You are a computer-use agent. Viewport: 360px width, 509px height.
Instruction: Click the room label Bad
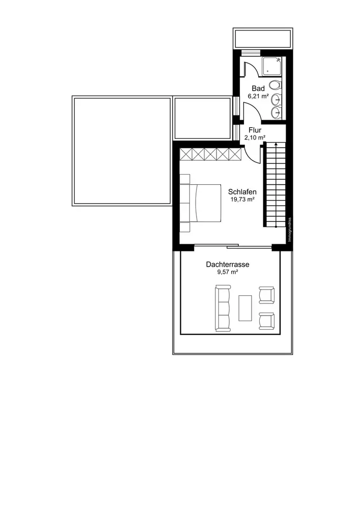pyautogui.click(x=258, y=88)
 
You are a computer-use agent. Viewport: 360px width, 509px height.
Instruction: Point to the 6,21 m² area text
pyautogui.click(x=258, y=96)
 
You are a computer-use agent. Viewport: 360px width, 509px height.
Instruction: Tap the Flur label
pyautogui.click(x=255, y=130)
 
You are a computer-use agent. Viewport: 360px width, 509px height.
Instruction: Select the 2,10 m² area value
pyautogui.click(x=255, y=137)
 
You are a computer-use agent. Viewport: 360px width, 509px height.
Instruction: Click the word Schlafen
pyautogui.click(x=242, y=192)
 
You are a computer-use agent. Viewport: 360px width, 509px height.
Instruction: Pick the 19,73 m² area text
pyautogui.click(x=242, y=200)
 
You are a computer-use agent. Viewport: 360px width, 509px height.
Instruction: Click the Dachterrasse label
pyautogui.click(x=228, y=264)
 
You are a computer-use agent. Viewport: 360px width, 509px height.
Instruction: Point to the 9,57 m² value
pyautogui.click(x=228, y=272)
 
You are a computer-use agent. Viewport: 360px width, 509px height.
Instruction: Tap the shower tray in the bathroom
pyautogui.click(x=272, y=66)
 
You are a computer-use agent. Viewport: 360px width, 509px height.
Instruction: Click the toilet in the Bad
pyautogui.click(x=275, y=85)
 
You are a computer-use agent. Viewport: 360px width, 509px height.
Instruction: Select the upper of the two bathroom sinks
pyautogui.click(x=276, y=98)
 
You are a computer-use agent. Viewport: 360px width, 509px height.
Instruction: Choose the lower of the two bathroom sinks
pyautogui.click(x=276, y=112)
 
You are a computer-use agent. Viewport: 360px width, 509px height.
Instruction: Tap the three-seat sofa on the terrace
pyautogui.click(x=223, y=308)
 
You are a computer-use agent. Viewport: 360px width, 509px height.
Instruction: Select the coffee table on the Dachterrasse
pyautogui.click(x=245, y=308)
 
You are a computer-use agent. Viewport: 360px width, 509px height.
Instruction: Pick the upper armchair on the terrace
pyautogui.click(x=266, y=295)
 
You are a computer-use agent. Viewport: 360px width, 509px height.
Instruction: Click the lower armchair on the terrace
pyautogui.click(x=266, y=321)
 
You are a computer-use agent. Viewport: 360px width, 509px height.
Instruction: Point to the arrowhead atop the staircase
pyautogui.click(x=275, y=144)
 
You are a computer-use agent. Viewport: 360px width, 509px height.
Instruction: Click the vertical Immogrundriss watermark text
pyautogui.click(x=290, y=230)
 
